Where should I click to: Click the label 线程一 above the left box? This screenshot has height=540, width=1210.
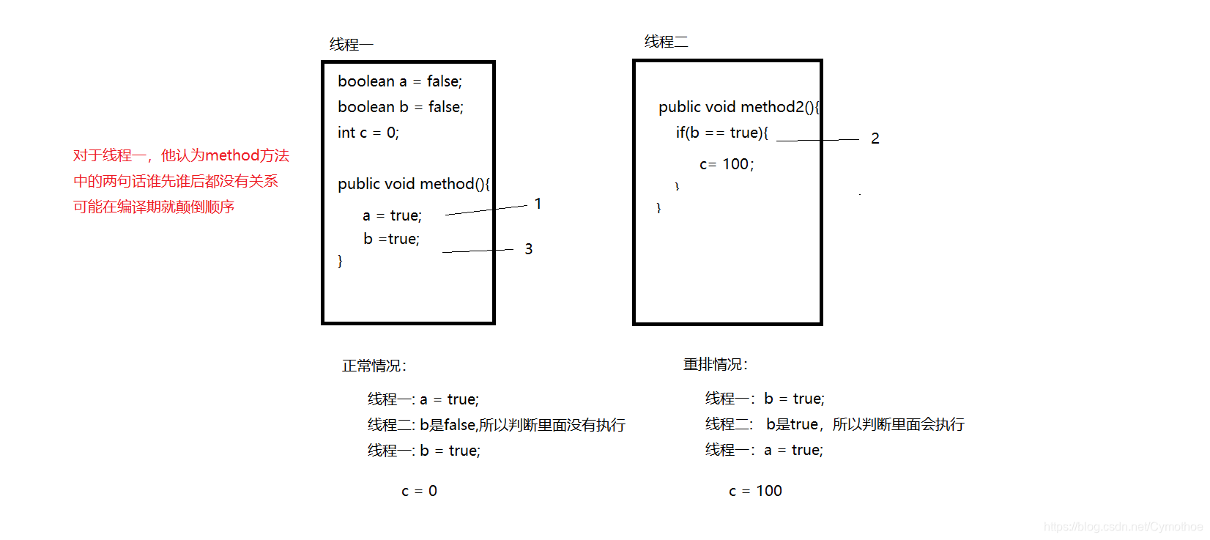(351, 45)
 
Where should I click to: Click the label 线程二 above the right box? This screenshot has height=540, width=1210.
(666, 42)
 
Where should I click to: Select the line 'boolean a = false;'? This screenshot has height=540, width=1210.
(400, 81)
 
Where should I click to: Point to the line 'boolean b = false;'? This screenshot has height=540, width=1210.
(401, 107)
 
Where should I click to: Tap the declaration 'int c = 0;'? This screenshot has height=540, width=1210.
(368, 133)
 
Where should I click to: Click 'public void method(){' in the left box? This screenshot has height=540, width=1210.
(413, 184)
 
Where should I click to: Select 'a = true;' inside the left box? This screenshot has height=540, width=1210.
(392, 215)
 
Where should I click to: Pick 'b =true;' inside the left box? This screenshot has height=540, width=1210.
(391, 239)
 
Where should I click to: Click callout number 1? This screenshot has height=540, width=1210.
(538, 204)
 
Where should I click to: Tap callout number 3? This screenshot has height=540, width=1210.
(528, 249)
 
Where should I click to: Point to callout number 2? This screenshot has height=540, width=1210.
(875, 138)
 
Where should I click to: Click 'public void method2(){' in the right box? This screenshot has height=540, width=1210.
(738, 107)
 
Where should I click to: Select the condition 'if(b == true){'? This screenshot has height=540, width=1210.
(721, 133)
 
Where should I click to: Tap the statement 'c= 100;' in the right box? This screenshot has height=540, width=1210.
(726, 164)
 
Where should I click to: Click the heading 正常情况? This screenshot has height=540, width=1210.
(374, 366)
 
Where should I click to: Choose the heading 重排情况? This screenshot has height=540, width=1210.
(715, 364)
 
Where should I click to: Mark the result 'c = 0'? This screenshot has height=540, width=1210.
(419, 491)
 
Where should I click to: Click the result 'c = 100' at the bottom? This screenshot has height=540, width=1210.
(755, 491)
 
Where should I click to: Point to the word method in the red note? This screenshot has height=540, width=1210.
(232, 155)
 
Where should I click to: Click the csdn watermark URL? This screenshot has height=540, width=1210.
(1122, 527)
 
